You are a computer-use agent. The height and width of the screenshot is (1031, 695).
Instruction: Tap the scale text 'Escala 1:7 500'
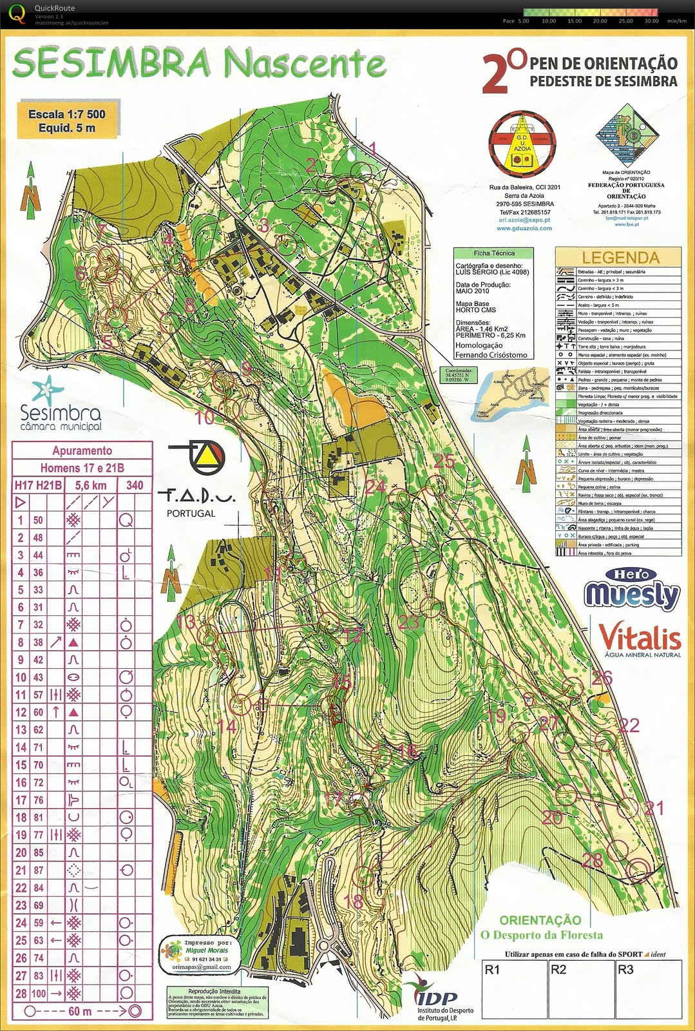[66, 114]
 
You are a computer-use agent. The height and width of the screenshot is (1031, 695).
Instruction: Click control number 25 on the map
[444, 461]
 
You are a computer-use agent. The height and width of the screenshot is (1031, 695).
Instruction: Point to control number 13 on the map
[186, 622]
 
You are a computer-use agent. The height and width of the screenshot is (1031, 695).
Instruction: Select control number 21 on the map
[654, 808]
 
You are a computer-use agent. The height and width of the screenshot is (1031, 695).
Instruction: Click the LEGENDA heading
[620, 258]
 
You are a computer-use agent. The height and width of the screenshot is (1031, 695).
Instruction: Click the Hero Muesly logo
[632, 589]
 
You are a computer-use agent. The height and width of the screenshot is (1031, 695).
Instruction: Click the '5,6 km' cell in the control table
[90, 485]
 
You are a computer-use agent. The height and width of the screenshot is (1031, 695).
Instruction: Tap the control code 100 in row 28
[39, 994]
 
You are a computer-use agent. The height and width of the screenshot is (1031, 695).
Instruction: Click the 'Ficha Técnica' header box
[494, 253]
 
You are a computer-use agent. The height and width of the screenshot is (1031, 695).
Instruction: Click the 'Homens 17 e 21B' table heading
[82, 468]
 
